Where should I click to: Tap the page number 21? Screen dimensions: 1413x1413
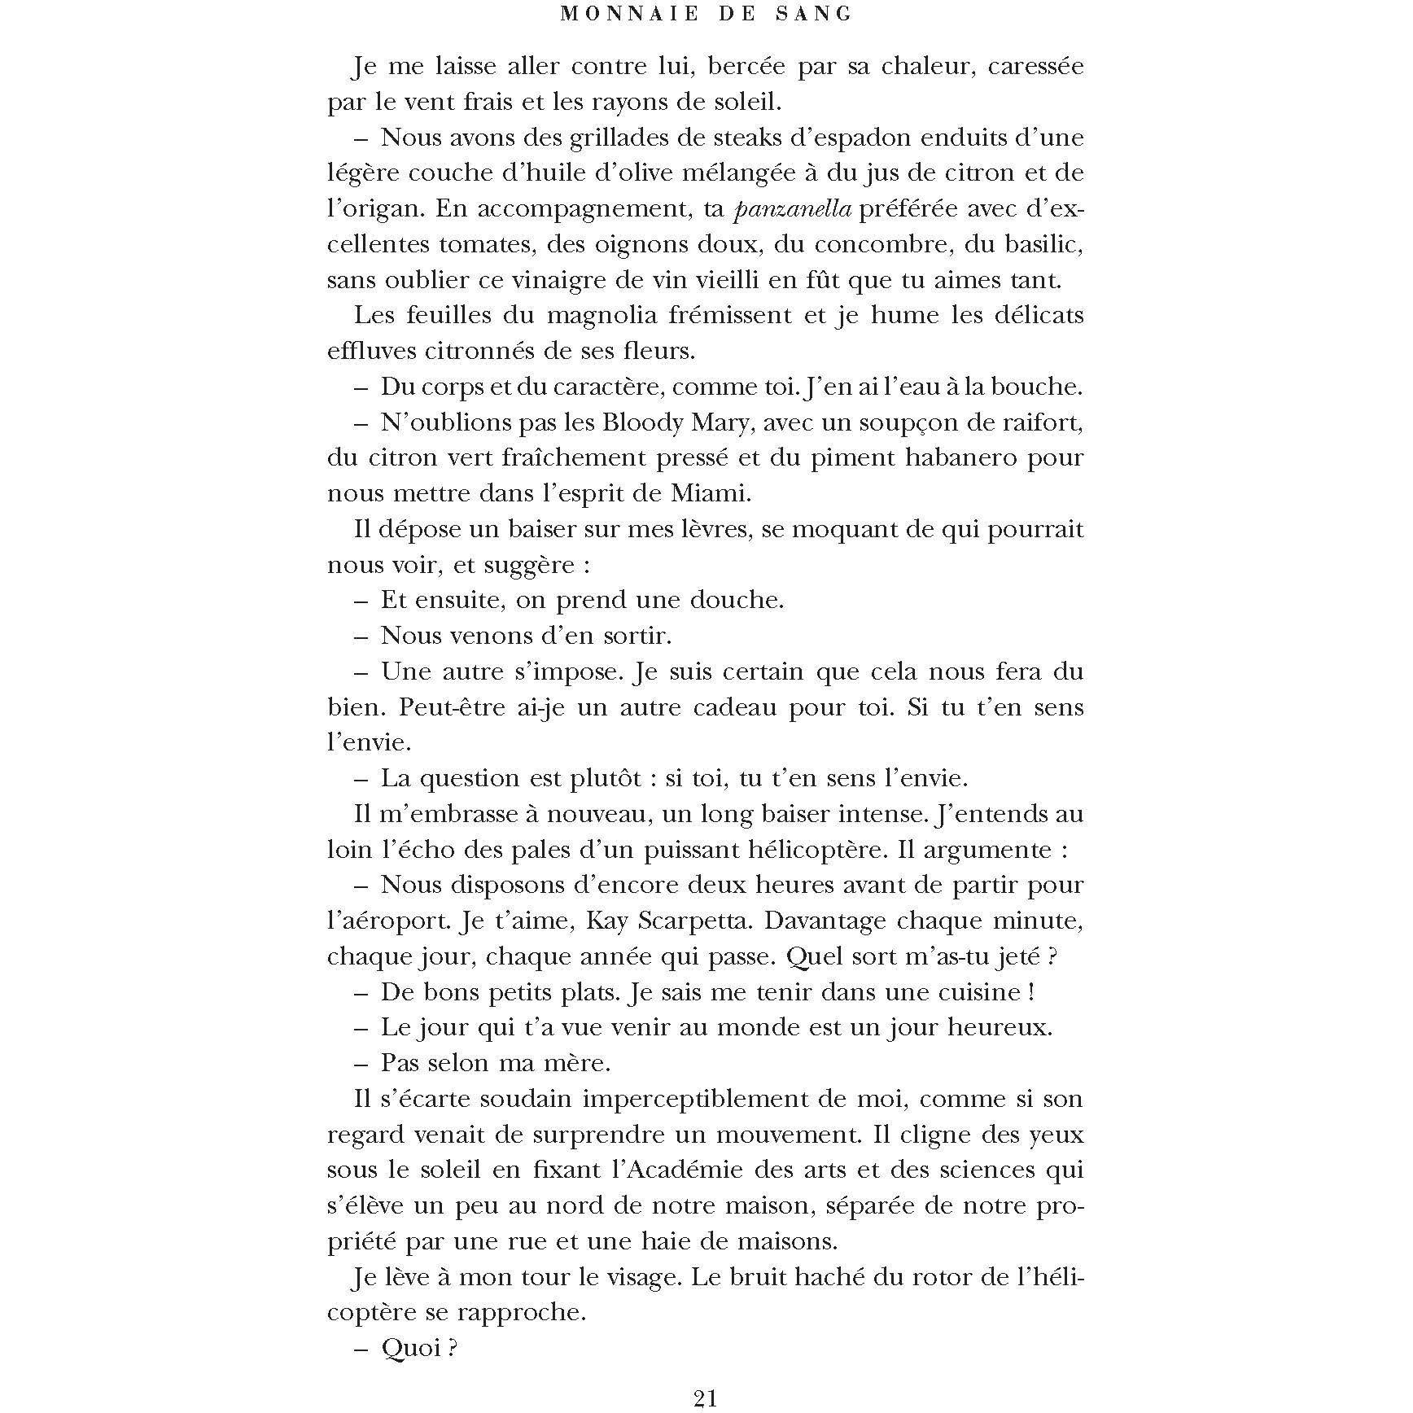pyautogui.click(x=706, y=1398)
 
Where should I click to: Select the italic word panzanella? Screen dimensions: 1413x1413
pyautogui.click(x=793, y=209)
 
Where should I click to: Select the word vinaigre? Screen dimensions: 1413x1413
pyautogui.click(x=561, y=281)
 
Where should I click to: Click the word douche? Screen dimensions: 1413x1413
pyautogui.click(x=736, y=601)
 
